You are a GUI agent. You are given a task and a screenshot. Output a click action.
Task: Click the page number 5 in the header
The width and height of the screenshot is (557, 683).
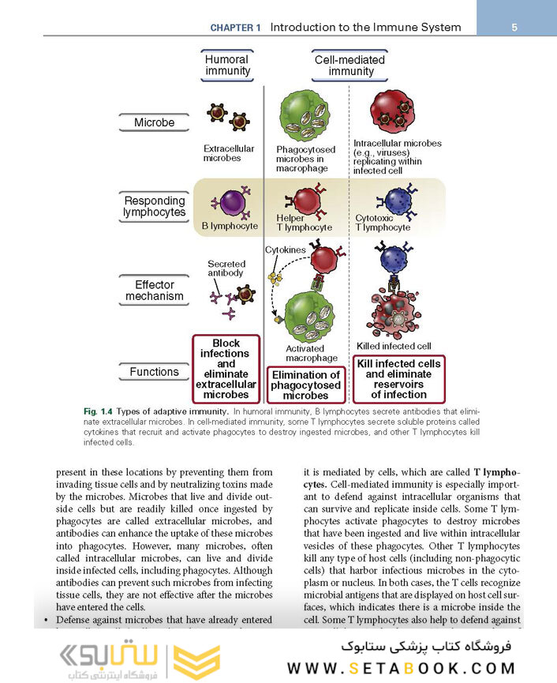pyautogui.click(x=514, y=27)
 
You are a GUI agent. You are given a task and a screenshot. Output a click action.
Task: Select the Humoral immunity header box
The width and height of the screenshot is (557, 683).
pyautogui.click(x=228, y=66)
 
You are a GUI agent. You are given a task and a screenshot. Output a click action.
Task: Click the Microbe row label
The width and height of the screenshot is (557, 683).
pyautogui.click(x=154, y=122)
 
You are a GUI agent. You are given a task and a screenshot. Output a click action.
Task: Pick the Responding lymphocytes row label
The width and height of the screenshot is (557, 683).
pyautogui.click(x=154, y=207)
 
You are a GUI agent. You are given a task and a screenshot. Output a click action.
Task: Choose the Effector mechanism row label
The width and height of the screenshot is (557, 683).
pyautogui.click(x=154, y=291)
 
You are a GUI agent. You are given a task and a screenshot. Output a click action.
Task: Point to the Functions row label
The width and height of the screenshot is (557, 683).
pyautogui.click(x=154, y=372)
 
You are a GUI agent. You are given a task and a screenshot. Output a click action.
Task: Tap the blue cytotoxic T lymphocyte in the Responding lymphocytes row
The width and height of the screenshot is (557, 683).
pyautogui.click(x=394, y=201)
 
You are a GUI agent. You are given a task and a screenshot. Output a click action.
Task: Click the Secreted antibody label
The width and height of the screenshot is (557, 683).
pyautogui.click(x=226, y=268)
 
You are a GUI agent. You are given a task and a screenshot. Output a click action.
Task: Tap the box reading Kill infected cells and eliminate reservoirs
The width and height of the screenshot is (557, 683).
pyautogui.click(x=399, y=379)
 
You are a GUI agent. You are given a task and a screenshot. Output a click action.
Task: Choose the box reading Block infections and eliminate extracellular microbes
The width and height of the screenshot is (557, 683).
pyautogui.click(x=226, y=369)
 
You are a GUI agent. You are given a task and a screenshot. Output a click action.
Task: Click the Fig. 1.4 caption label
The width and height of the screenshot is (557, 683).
pyautogui.click(x=99, y=411)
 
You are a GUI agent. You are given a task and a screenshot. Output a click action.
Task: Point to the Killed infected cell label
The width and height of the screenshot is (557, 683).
pyautogui.click(x=394, y=346)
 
